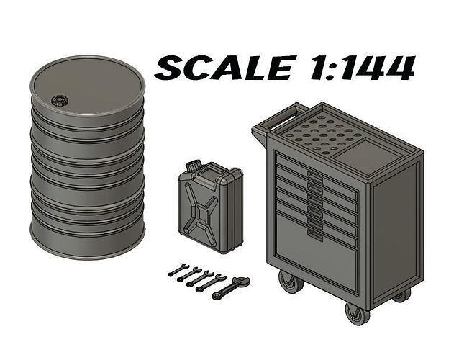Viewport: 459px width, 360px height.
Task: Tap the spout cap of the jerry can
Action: [x=192, y=166]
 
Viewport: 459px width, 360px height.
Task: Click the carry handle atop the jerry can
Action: [x=216, y=172]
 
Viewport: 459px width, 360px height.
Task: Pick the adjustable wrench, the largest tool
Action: [x=231, y=288]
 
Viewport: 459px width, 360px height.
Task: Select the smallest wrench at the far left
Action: [x=178, y=271]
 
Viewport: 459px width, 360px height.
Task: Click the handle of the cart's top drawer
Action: [x=314, y=174]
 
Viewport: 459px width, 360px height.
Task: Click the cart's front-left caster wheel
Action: [x=290, y=283]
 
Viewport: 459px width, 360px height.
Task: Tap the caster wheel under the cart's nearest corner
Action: [x=356, y=313]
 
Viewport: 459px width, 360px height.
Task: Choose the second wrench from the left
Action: [x=188, y=274]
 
